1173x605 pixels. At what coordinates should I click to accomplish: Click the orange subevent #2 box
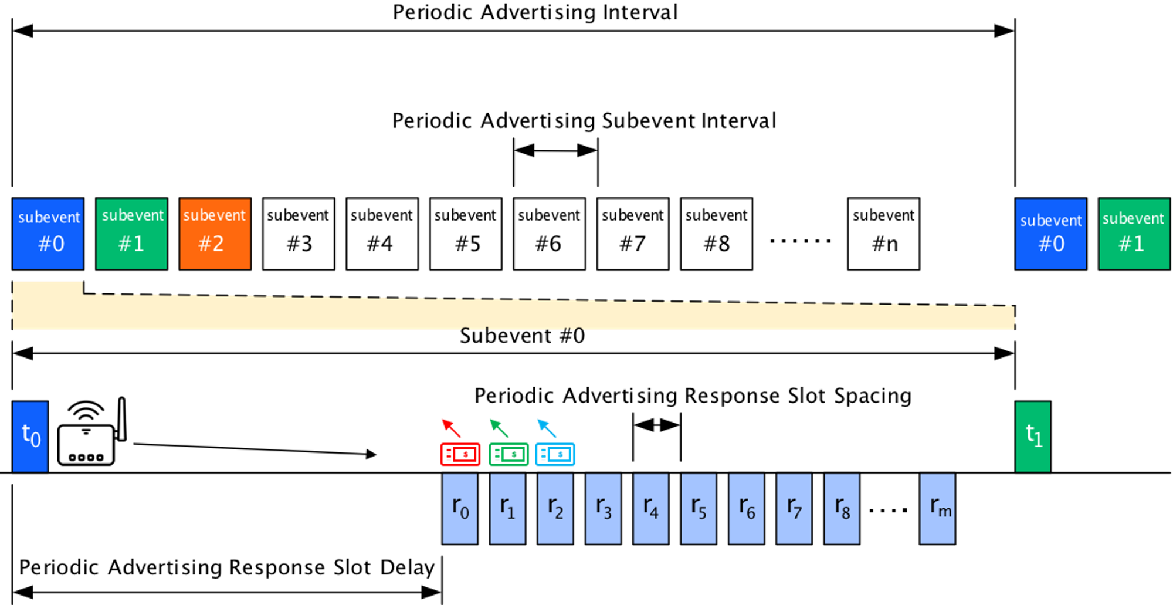215,234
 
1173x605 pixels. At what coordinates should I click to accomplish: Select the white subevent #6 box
550,234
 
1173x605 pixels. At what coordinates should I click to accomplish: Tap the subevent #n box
884,234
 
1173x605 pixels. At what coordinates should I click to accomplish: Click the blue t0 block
30,437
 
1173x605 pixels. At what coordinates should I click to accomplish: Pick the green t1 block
1033,437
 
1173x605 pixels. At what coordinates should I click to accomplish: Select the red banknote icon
460,454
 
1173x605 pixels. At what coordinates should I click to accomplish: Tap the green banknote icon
508,454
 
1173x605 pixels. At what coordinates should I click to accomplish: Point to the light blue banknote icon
555,454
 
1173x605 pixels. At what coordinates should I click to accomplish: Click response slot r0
460,509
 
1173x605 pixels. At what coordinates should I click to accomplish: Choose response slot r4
651,509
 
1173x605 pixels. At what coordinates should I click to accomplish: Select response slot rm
938,509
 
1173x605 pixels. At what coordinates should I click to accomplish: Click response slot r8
842,509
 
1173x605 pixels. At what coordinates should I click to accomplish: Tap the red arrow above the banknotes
452,428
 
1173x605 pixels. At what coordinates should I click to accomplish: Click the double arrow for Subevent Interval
556,150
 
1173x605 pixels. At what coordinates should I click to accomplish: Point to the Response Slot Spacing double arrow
657,424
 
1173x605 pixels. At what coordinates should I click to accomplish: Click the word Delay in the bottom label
407,567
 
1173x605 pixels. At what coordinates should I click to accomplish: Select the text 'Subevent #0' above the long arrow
522,336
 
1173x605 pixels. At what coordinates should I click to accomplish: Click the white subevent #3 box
299,234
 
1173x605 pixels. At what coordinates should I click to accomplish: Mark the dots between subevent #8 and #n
800,241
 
